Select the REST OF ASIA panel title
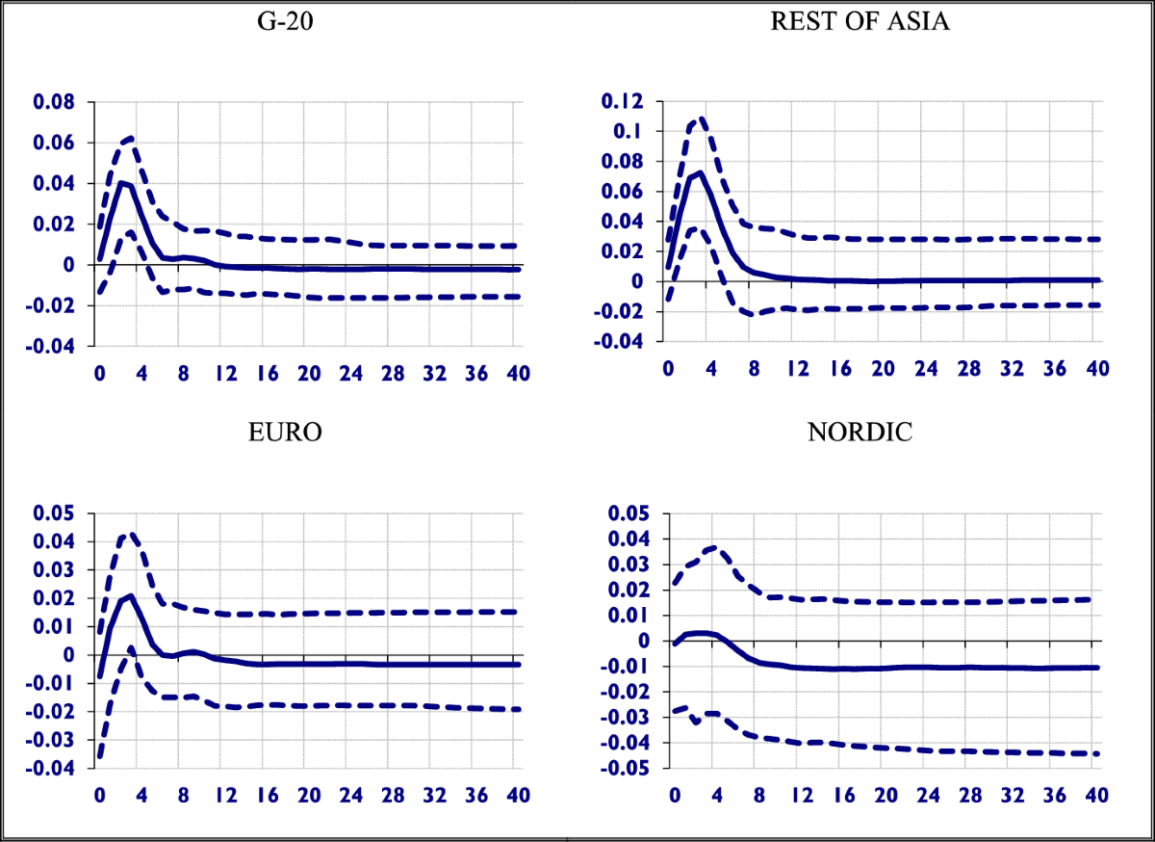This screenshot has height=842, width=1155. pos(860,21)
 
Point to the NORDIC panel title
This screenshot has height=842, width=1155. pos(859,431)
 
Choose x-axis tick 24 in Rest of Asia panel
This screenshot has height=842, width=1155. pos(926,368)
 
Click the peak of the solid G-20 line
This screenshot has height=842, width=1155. pos(121,182)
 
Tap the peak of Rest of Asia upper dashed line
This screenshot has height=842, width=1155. pos(701,119)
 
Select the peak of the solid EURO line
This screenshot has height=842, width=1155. pos(130,596)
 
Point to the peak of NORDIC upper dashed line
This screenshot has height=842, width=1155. pos(713,547)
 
